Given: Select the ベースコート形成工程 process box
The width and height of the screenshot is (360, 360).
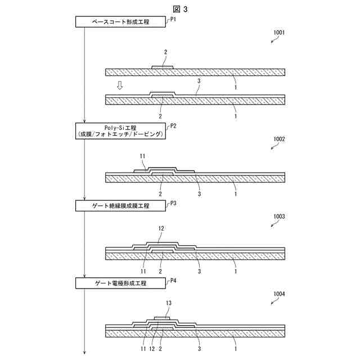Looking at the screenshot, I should tap(119, 21).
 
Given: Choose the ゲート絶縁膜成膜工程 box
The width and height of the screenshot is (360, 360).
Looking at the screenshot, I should tap(119, 206).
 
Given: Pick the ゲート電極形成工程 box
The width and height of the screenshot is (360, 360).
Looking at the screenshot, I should tap(119, 283).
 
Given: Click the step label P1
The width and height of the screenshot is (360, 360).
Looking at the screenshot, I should tap(174, 19).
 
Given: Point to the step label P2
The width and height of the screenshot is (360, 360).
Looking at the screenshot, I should tap(174, 126).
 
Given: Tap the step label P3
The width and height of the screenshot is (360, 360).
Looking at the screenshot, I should tap(174, 203).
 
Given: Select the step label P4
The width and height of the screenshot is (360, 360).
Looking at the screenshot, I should tap(174, 280).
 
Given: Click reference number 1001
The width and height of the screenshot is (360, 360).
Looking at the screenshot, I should tap(278, 33).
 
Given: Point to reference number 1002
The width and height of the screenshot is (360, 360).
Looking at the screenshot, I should tap(278, 139).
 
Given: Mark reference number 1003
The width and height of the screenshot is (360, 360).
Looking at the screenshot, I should tap(278, 216).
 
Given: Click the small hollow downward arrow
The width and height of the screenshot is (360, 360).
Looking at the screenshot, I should tap(119, 85).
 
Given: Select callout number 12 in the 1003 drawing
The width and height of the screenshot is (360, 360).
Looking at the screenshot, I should tap(161, 229).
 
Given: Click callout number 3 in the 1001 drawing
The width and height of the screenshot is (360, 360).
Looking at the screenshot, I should tap(199, 81).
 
